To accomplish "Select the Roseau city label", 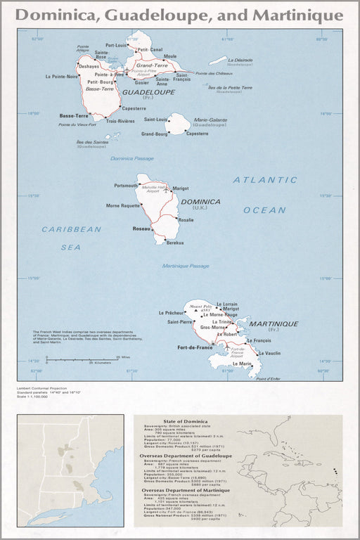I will pyautogui.click(x=141, y=229).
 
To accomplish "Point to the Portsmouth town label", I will pyautogui.click(x=126, y=186).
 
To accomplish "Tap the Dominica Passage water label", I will pyautogui.click(x=131, y=158).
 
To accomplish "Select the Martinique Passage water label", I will pyautogui.click(x=186, y=266).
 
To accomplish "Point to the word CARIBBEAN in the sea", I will pyautogui.click(x=71, y=229).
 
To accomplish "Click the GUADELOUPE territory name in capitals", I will pyautogui.click(x=148, y=92).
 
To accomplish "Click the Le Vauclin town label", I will pyautogui.click(x=270, y=353).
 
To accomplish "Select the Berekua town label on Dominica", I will pyautogui.click(x=175, y=243).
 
